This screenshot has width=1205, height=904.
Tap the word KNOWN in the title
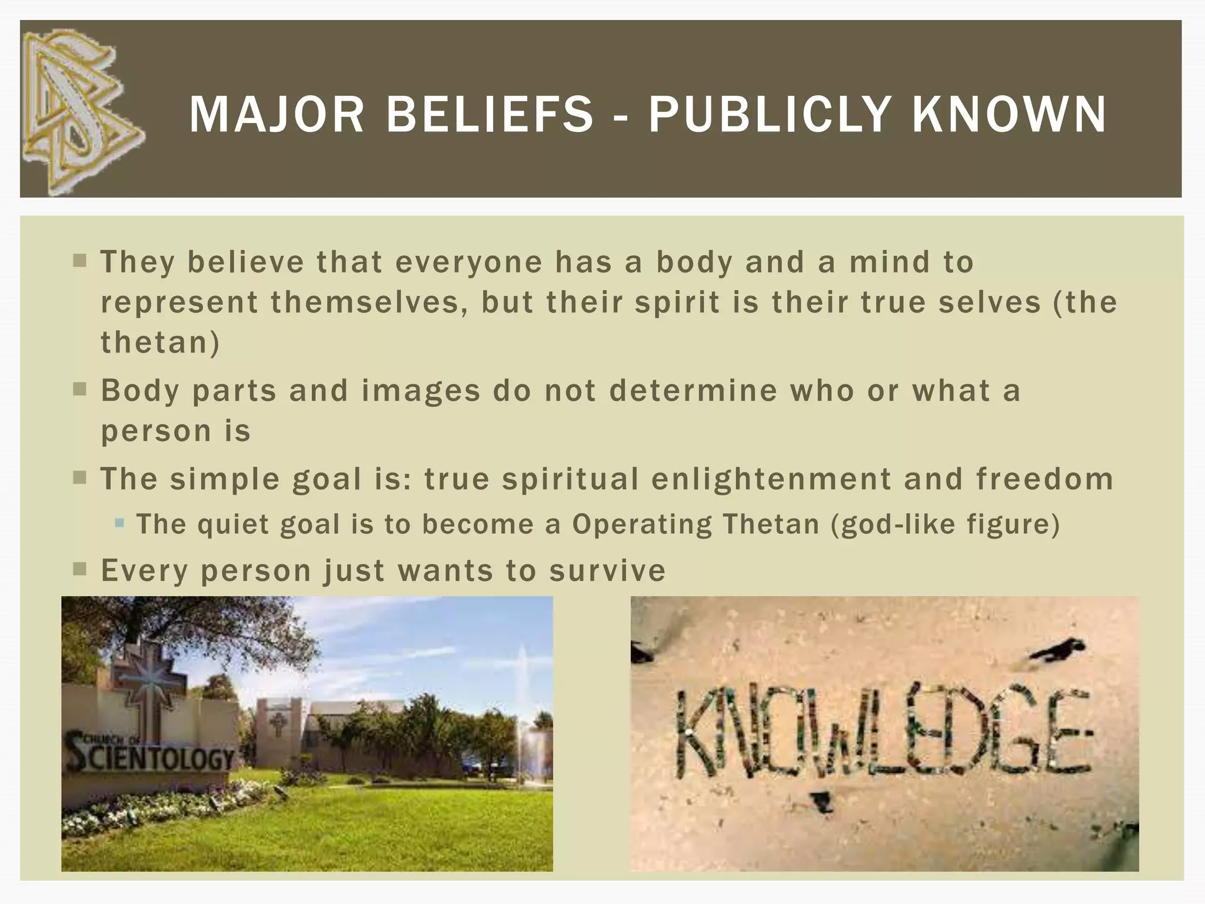click(x=1009, y=114)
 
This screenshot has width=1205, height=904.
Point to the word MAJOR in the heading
click(x=277, y=114)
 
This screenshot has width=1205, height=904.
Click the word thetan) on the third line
click(x=160, y=343)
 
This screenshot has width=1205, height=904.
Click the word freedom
click(x=1044, y=478)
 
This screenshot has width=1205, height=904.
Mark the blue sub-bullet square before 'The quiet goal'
click(x=120, y=523)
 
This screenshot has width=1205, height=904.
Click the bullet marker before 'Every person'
click(x=80, y=569)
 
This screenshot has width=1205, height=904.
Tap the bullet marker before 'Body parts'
click(x=80, y=390)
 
